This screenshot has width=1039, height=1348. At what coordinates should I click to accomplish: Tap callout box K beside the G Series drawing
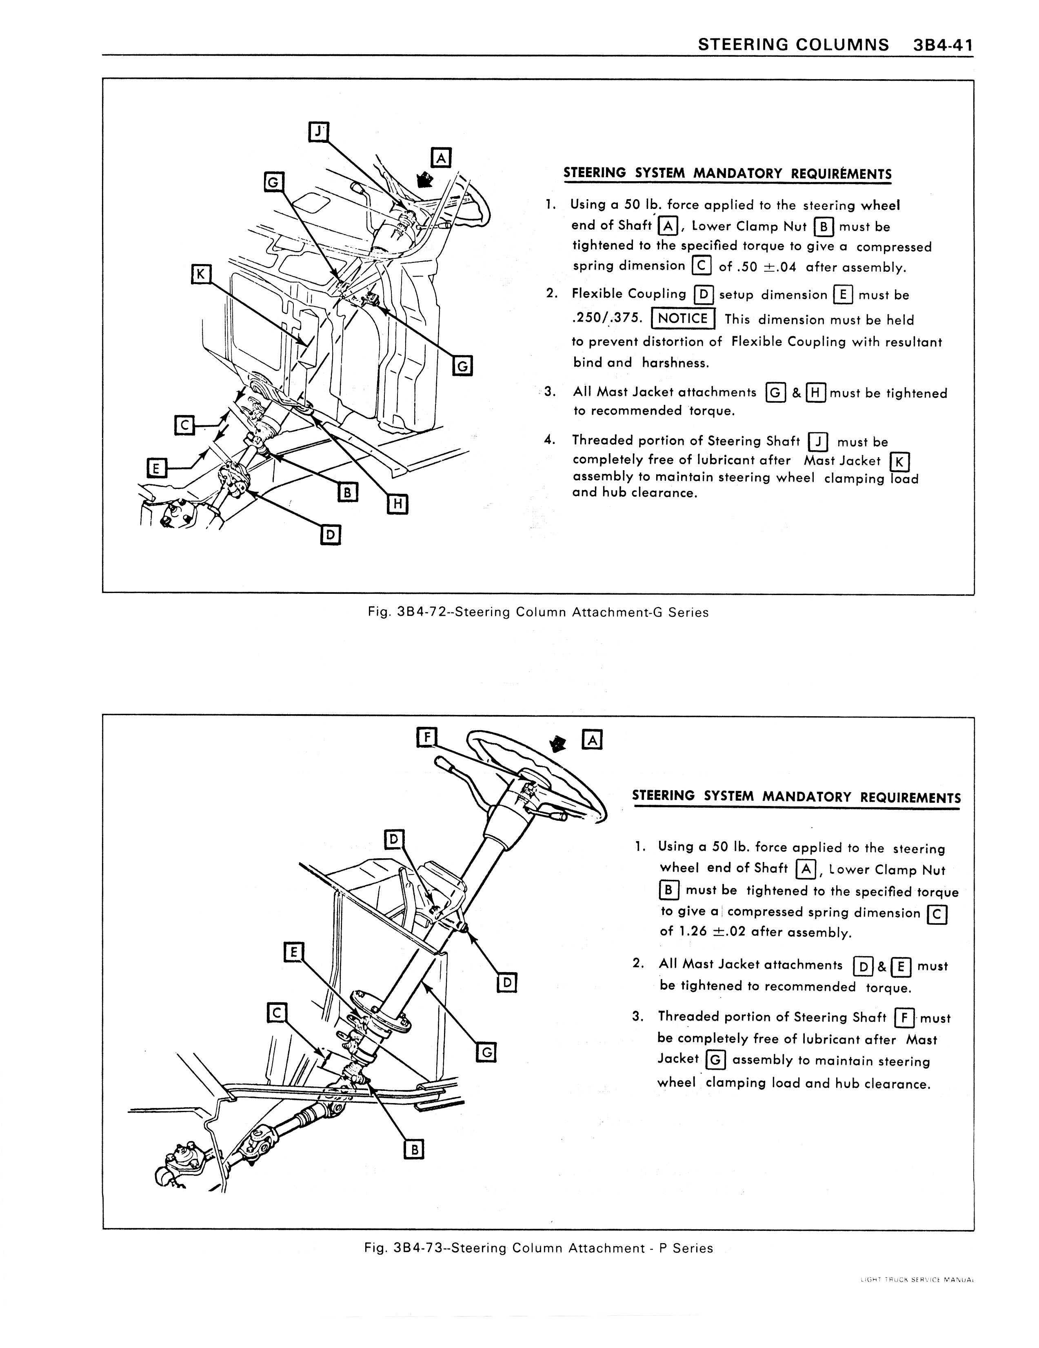click(x=201, y=273)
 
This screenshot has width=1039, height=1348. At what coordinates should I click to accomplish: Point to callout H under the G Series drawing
click(x=397, y=504)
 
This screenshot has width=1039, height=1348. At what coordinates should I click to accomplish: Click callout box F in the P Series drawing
click(x=426, y=737)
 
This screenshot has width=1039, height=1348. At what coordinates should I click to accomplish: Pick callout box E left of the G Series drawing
click(x=157, y=468)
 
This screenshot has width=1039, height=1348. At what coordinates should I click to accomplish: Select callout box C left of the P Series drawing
click(x=277, y=1013)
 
